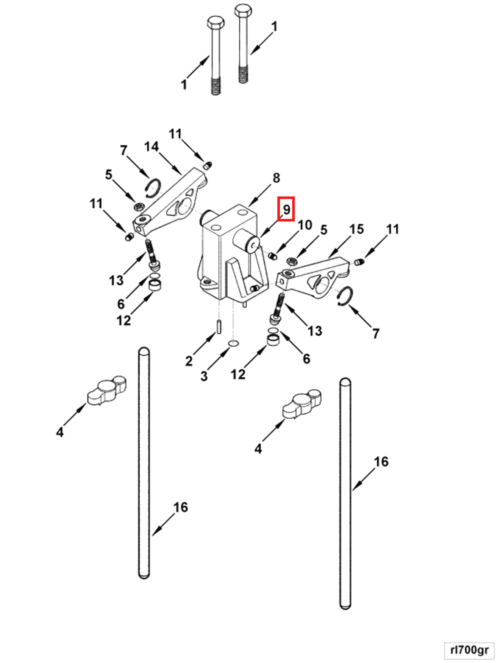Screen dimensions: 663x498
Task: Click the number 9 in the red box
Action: [x=286, y=209]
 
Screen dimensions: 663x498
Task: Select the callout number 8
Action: [x=276, y=178]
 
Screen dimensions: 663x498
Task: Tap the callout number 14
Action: [x=151, y=147]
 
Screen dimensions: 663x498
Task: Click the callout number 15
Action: [x=356, y=229]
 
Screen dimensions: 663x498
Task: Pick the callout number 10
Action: [x=305, y=225]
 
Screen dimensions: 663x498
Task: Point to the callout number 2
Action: [x=189, y=361]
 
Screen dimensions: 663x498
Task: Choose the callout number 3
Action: [x=204, y=376]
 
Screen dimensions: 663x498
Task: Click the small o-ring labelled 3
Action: [x=234, y=343]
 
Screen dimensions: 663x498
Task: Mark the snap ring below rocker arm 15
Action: [x=346, y=296]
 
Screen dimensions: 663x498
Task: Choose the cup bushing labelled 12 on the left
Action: [x=155, y=285]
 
